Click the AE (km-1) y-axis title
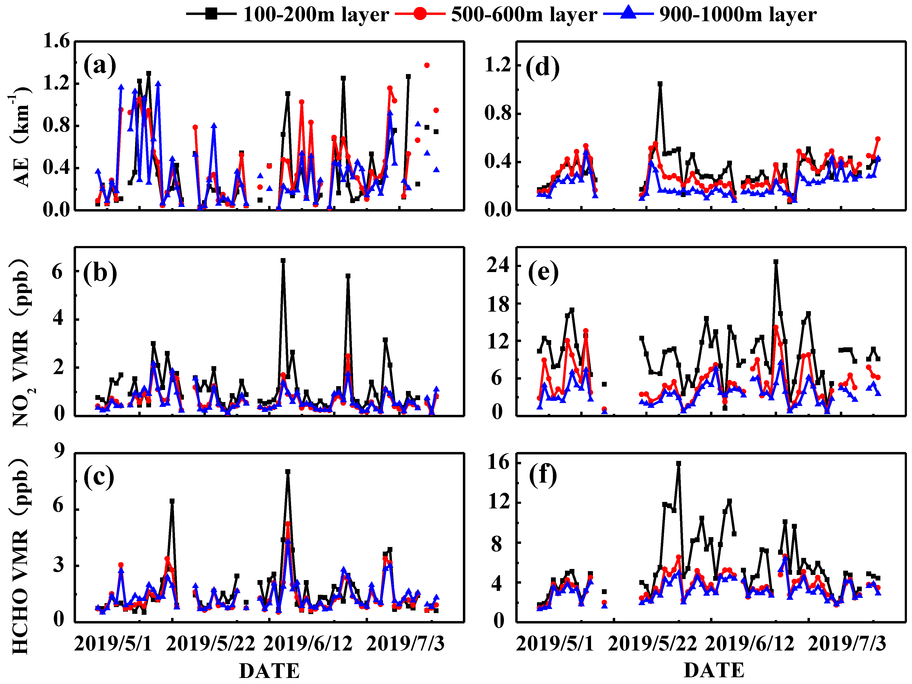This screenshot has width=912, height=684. (x=20, y=136)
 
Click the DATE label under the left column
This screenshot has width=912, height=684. (x=269, y=670)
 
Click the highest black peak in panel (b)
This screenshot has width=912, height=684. (x=283, y=261)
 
